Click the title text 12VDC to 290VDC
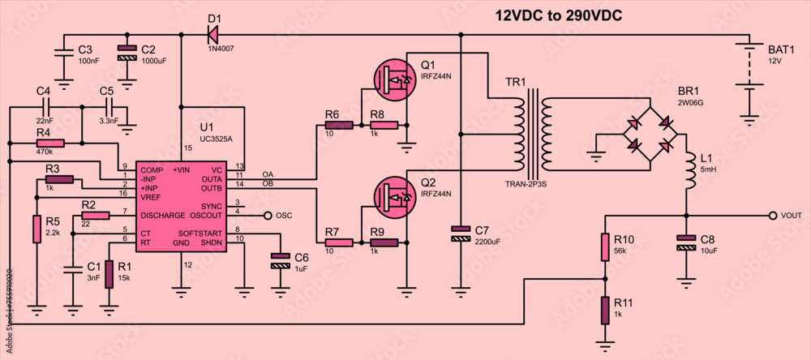pos(559,15)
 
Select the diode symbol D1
pos(213,34)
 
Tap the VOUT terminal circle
pos(773,216)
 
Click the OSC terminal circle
pos(268,216)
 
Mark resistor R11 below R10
pos(605,309)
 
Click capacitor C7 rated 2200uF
pos(461,235)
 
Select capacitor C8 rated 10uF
pos(686,241)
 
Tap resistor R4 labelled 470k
pos(50,144)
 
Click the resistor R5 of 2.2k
pos(36,229)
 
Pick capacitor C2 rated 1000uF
pos(127,53)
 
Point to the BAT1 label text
pos(781,49)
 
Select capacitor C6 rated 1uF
pos(280,260)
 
